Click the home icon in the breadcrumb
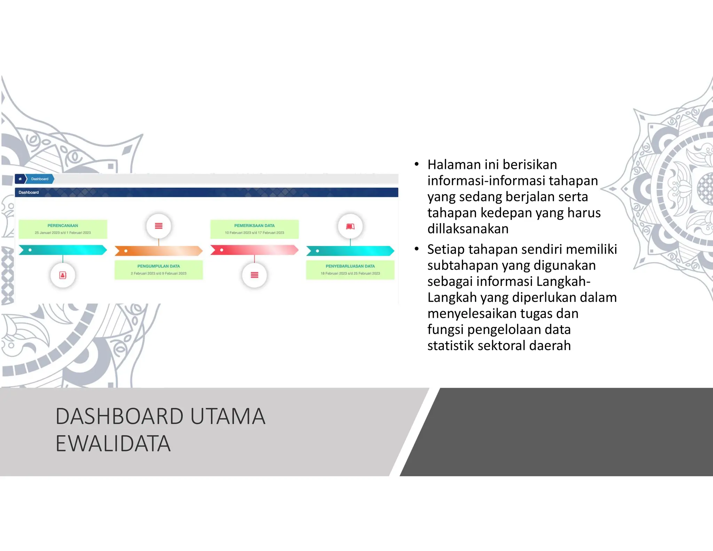(x=20, y=179)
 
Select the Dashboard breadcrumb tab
(x=40, y=179)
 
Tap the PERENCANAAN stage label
(x=63, y=226)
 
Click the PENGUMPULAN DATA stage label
(x=158, y=266)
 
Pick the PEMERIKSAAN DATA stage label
(x=254, y=226)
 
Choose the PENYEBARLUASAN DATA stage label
(x=350, y=266)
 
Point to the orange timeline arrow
(x=158, y=251)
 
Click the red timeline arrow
(x=254, y=250)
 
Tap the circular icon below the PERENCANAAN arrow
(x=63, y=275)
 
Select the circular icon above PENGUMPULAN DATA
(x=158, y=226)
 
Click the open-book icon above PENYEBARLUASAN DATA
(x=350, y=226)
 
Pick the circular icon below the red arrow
(x=254, y=275)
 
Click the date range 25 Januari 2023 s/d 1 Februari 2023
(x=63, y=233)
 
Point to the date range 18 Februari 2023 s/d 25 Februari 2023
(x=350, y=273)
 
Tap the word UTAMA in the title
(x=228, y=416)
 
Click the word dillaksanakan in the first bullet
(x=468, y=229)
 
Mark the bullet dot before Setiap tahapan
(x=416, y=249)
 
